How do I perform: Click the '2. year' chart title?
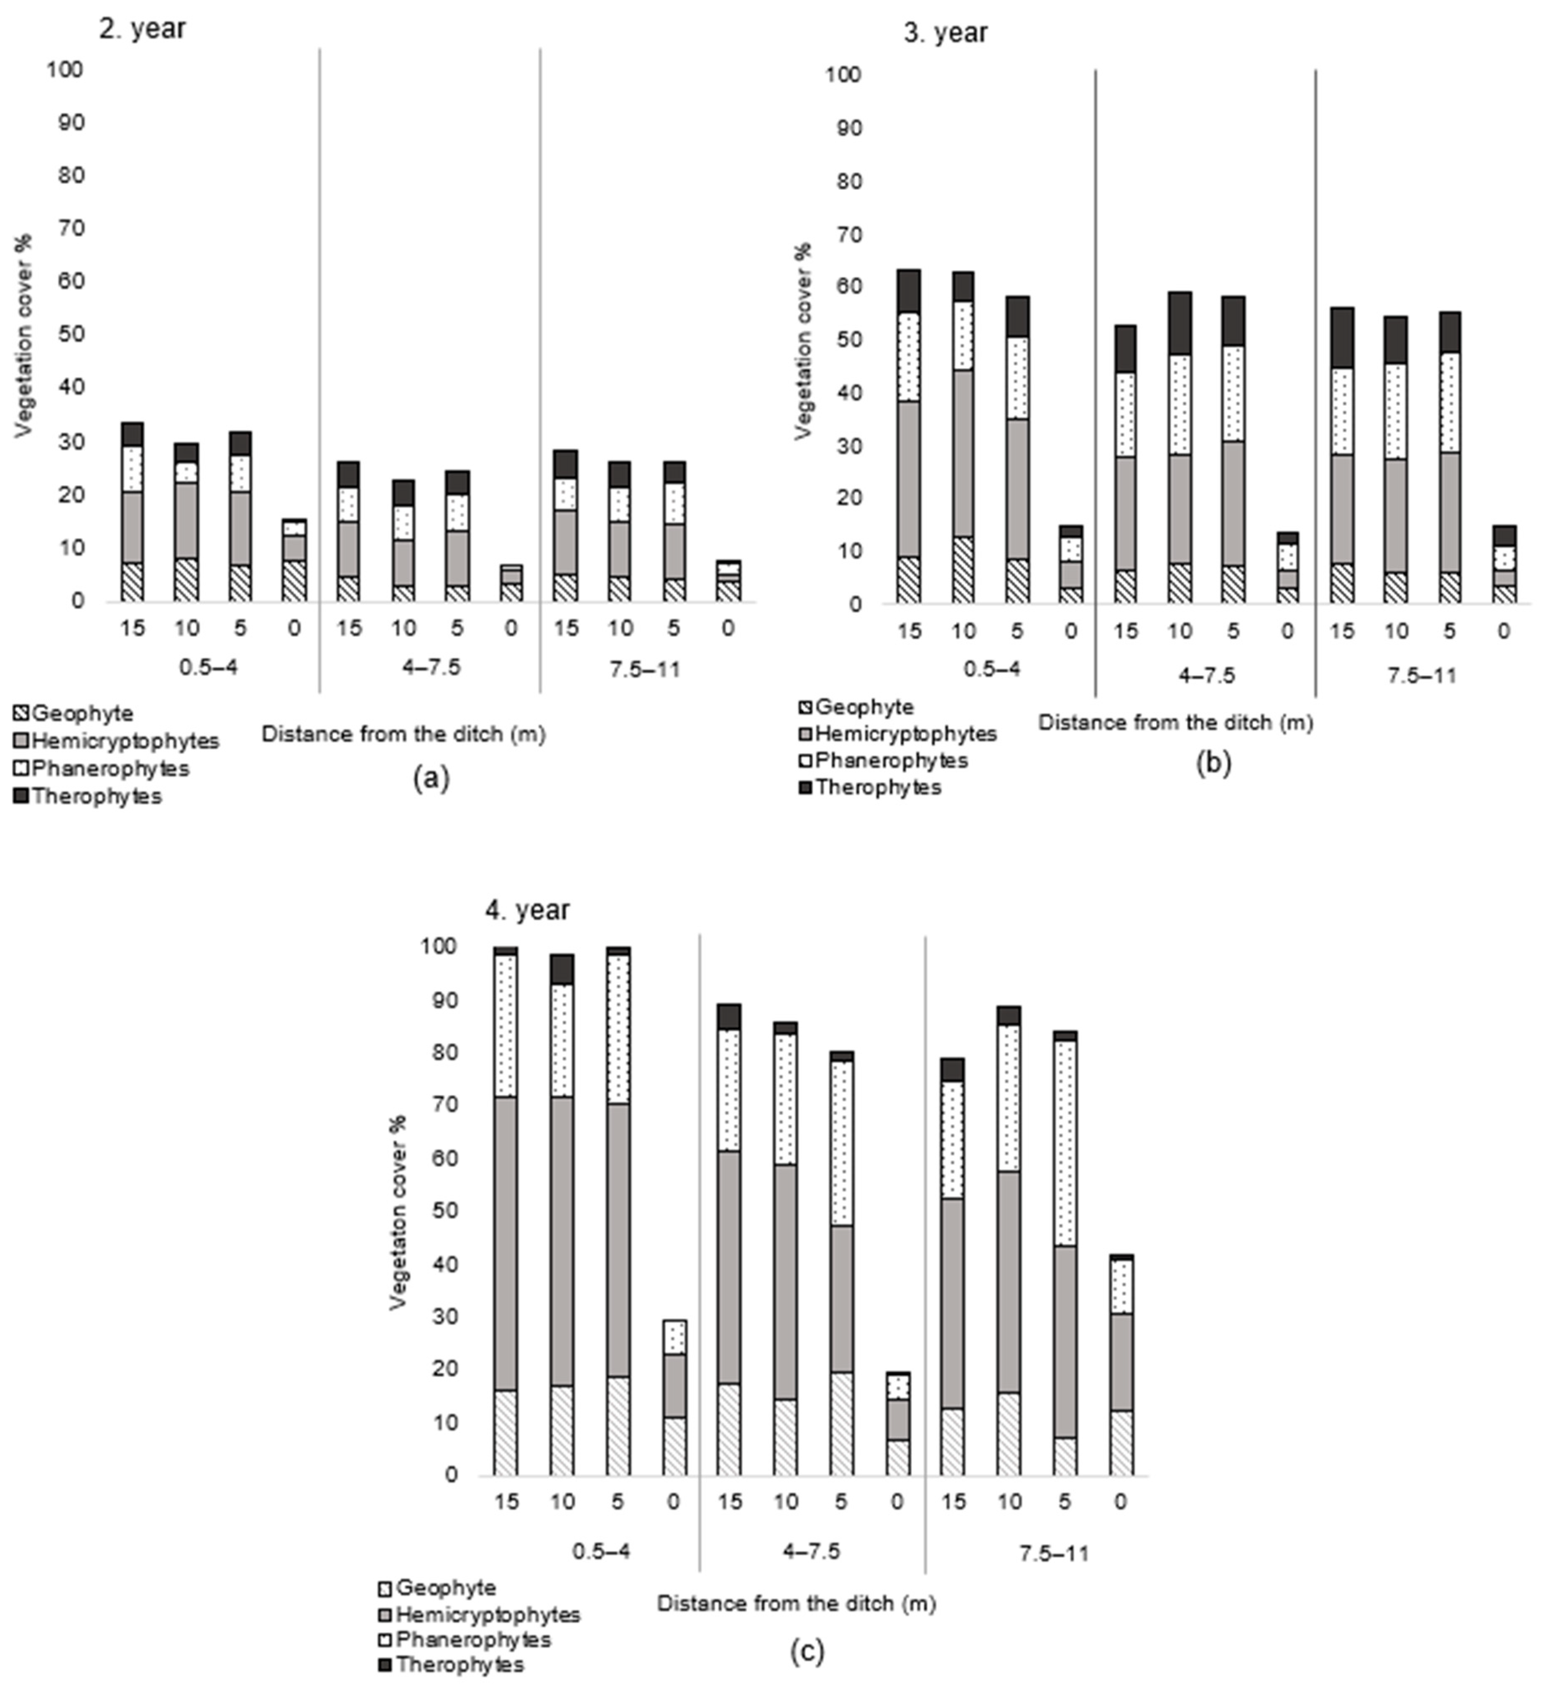click(142, 28)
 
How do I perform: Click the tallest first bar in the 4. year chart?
click(506, 1213)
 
